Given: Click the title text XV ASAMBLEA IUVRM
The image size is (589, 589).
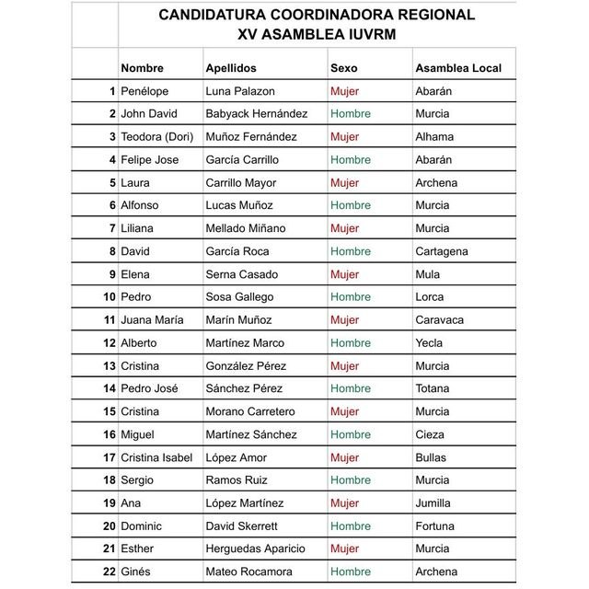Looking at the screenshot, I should click(x=317, y=34).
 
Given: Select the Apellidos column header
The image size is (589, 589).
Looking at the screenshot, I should click(x=231, y=68).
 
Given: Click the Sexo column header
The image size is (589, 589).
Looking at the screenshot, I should click(x=344, y=68).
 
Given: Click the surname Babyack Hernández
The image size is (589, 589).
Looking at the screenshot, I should click(x=257, y=114).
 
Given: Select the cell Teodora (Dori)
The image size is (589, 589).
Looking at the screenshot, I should click(x=156, y=137).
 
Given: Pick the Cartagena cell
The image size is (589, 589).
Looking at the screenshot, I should click(x=442, y=251).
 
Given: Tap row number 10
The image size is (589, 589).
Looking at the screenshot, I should click(x=110, y=297).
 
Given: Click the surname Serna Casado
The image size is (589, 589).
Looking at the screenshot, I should click(x=242, y=274).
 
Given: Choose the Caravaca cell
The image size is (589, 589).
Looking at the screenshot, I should click(x=440, y=320).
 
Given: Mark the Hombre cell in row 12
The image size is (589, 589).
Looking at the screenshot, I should click(x=351, y=343).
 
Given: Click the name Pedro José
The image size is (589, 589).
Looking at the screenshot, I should click(x=149, y=388).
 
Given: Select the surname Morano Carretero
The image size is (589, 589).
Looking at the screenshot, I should click(x=250, y=411).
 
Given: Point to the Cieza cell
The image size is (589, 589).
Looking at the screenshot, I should click(x=430, y=434).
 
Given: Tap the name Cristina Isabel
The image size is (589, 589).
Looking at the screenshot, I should click(x=156, y=457).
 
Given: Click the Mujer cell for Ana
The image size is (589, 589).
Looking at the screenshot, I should click(x=344, y=503).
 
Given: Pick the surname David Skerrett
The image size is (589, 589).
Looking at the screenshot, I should click(x=241, y=526).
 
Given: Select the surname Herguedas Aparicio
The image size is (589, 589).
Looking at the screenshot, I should click(x=255, y=549).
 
